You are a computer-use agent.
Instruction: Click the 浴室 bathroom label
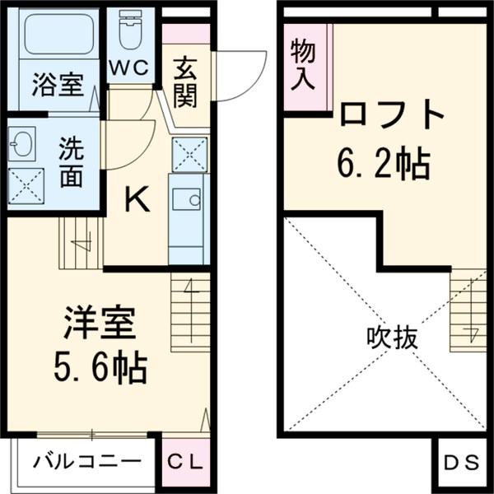point(57,83)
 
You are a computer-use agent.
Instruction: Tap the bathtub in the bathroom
point(57,36)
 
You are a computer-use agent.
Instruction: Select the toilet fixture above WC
point(130,31)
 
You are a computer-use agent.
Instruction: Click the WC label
point(130,68)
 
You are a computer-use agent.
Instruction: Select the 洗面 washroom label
point(71,164)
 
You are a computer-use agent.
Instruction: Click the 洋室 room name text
point(99,324)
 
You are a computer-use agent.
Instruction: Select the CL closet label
point(185,463)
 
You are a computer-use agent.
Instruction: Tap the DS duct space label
point(461,463)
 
